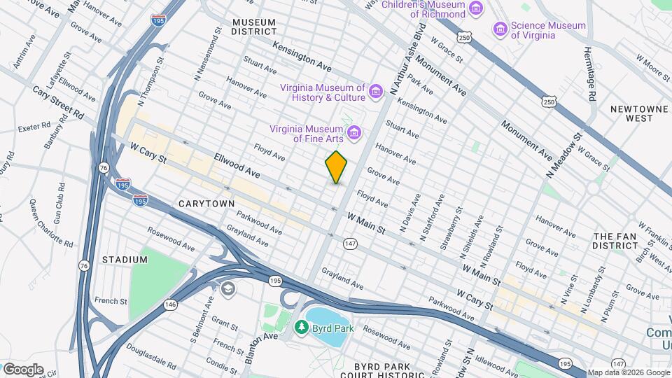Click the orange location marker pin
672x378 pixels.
337,167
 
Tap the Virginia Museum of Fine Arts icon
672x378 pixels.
354,132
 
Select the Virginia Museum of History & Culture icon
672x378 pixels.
376,92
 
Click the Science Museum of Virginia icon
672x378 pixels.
500,29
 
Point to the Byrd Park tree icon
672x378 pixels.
302,327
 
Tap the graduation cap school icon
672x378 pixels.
227,288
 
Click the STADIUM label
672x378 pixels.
125,260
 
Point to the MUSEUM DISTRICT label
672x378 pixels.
254,27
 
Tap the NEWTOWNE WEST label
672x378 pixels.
631,113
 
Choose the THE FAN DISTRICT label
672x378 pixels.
616,241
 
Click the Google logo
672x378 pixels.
23,369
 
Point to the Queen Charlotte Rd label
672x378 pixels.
52,223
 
